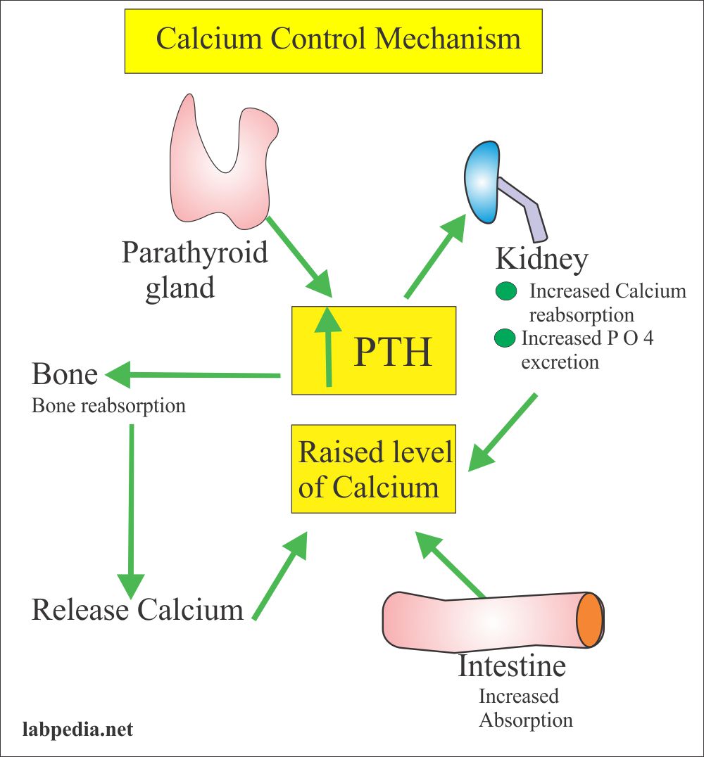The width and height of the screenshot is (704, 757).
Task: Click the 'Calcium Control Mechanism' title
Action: (x=338, y=38)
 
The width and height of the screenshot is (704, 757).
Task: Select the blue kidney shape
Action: (x=482, y=182)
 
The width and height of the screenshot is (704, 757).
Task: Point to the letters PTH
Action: (x=392, y=352)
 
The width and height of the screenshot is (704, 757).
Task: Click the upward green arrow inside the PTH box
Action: (x=329, y=347)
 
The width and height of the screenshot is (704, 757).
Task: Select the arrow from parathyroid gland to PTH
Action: (x=300, y=257)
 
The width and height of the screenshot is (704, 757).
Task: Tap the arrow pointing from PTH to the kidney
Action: (x=435, y=256)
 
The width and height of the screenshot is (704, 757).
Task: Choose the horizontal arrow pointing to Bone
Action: (x=192, y=375)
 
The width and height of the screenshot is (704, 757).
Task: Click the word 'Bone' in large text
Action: (x=65, y=374)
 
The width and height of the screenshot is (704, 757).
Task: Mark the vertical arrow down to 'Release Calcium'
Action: (x=131, y=511)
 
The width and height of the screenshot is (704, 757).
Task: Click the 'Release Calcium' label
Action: (x=138, y=609)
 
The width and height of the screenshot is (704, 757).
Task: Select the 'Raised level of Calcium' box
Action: (x=374, y=469)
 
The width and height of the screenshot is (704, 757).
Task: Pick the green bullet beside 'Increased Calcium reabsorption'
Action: (x=506, y=291)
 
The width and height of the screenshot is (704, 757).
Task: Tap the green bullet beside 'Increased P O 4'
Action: (x=505, y=338)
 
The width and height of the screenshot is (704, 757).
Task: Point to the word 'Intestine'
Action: (x=512, y=666)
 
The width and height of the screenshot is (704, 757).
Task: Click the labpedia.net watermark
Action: (x=78, y=729)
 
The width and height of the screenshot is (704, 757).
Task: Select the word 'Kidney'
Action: (x=542, y=260)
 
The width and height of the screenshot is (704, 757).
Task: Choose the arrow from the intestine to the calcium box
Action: (x=449, y=564)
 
